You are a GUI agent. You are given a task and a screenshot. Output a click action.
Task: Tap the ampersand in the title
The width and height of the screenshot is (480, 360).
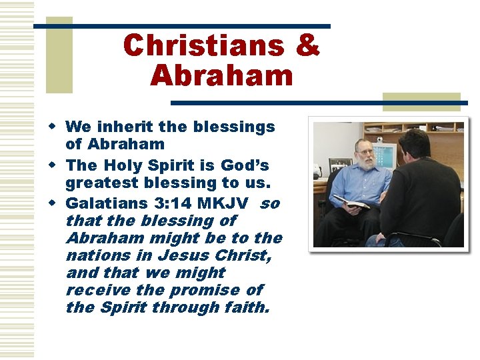(306, 45)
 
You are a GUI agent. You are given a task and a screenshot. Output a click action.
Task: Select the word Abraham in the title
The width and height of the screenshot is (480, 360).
(221, 75)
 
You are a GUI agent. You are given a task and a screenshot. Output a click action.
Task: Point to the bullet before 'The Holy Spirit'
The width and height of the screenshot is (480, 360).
(59, 165)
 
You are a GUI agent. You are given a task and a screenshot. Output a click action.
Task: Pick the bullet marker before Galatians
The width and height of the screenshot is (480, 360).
(59, 202)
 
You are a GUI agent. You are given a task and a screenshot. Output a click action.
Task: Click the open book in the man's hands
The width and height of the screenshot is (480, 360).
(352, 202)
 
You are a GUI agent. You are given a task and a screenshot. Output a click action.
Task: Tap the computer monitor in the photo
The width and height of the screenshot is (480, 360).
(389, 155)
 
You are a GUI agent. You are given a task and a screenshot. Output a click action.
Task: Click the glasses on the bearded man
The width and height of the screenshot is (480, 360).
(365, 153)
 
